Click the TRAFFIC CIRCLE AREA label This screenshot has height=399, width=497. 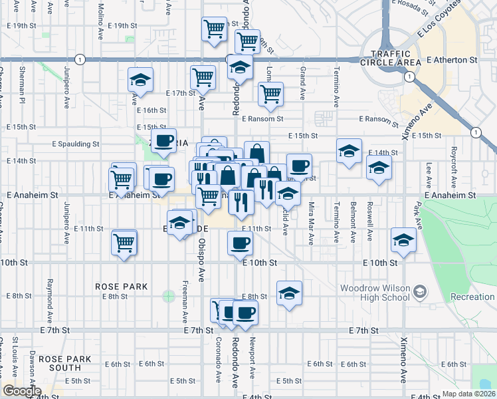[396, 58]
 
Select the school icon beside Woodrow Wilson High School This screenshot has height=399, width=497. [419, 291]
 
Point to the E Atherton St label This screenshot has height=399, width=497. [452, 60]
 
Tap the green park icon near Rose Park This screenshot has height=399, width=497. [168, 295]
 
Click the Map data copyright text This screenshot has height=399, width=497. [468, 394]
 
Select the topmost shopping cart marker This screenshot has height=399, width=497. [214, 29]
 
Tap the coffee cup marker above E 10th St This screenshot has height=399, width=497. [240, 243]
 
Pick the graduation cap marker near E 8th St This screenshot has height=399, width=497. [289, 293]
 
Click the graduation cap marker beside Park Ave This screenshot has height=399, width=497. [403, 240]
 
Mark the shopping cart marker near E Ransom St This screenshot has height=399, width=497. [270, 94]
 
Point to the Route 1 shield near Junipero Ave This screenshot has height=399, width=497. [80, 59]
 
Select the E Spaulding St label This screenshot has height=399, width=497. [76, 143]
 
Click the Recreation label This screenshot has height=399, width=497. [472, 297]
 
